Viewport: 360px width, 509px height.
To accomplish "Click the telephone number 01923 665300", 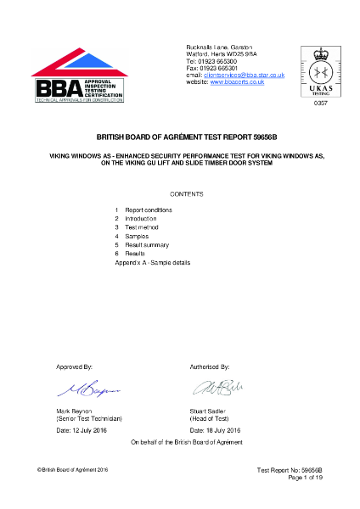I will [220, 61].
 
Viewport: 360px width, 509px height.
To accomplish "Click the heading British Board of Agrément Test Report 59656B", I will [179, 136].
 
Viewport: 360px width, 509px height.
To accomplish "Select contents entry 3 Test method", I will [140, 227].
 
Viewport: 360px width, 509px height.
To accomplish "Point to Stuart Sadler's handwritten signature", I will [216, 389].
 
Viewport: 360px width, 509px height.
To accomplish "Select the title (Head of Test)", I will [213, 419].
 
